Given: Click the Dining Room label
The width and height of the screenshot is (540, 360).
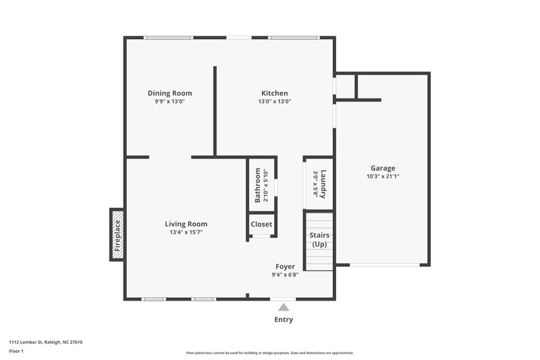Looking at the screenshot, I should [x=169, y=93].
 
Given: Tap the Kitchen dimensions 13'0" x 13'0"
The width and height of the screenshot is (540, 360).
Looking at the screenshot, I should [x=275, y=101].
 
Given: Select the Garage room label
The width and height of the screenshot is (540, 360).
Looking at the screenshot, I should [x=383, y=168].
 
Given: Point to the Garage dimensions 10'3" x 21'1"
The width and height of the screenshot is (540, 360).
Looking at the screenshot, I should [x=383, y=177].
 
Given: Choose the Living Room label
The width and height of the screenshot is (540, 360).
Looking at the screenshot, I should [x=186, y=224].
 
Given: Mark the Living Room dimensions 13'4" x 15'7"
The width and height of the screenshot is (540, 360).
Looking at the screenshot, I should [x=186, y=232].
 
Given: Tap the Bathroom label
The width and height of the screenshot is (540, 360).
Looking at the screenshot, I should [x=258, y=186].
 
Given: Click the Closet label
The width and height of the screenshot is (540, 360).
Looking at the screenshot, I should [x=261, y=224].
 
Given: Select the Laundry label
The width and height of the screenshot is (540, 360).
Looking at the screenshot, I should [x=323, y=183].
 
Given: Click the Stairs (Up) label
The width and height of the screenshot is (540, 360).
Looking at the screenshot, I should [x=319, y=239].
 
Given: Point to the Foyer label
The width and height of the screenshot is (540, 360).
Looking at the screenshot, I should [x=285, y=266].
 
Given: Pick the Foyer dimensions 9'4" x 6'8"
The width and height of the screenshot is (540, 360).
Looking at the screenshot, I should [x=285, y=275].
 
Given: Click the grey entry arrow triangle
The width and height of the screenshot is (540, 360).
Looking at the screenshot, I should [x=283, y=307].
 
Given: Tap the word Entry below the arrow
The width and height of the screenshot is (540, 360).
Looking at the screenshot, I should [x=283, y=319].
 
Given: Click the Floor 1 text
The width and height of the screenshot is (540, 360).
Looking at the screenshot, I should [x=18, y=352].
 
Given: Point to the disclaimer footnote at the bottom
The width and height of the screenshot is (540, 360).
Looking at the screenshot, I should [x=270, y=353].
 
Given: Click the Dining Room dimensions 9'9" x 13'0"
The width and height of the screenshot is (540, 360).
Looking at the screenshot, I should [x=169, y=101].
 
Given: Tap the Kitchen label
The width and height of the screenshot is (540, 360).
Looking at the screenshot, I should [x=275, y=93].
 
